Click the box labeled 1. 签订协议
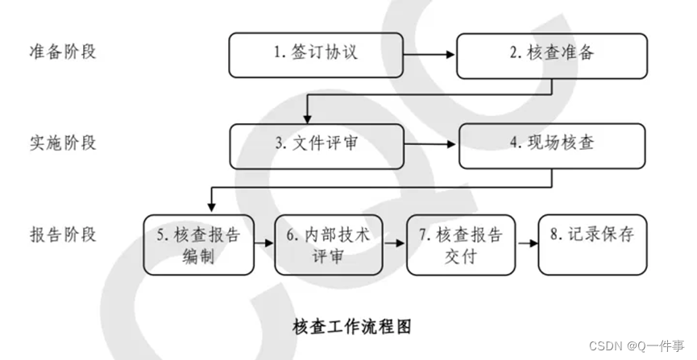coord(316,55)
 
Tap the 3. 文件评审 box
coord(316,146)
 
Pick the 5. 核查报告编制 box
coord(197,245)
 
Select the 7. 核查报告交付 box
coord(460,245)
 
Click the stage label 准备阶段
coord(62,52)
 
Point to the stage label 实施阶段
coord(62,143)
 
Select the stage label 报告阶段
coord(62,235)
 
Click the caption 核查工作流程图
coord(351,327)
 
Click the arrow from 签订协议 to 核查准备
coord(430,55)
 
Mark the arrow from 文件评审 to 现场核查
coord(431,146)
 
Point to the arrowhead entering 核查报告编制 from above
coord(210,209)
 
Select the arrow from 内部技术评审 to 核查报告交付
coord(394,240)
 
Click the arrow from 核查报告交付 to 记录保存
coord(526,240)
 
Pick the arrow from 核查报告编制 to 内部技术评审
coord(263,240)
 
